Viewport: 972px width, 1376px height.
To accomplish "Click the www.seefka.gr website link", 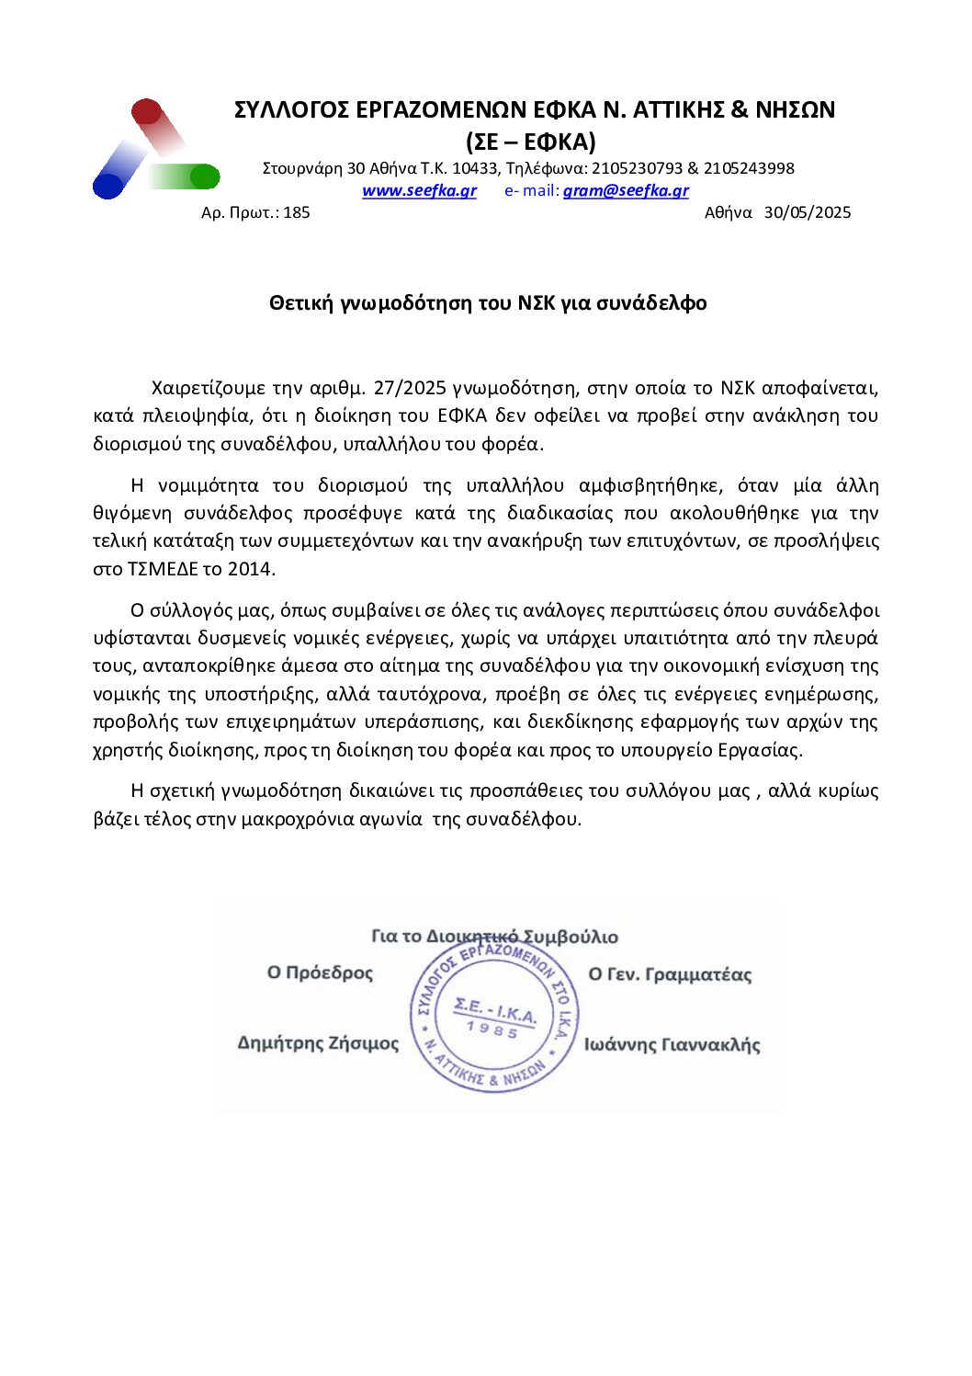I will pyautogui.click(x=419, y=191).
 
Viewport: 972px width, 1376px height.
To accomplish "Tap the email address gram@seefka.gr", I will pyautogui.click(x=626, y=191).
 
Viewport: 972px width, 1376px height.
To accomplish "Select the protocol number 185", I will pyautogui.click(x=297, y=213).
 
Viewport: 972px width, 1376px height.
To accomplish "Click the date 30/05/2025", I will pyautogui.click(x=808, y=213).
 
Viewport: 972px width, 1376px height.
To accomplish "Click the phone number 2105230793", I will pyautogui.click(x=637, y=169).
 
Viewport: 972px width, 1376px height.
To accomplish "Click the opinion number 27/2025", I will pyautogui.click(x=411, y=388).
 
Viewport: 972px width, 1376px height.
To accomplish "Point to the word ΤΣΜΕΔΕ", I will pyautogui.click(x=155, y=569).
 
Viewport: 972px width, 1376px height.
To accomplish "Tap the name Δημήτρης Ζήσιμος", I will pyautogui.click(x=318, y=1043).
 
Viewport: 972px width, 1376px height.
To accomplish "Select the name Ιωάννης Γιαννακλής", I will pyautogui.click(x=672, y=1045).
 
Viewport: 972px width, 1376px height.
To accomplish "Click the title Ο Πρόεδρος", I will pyautogui.click(x=320, y=972).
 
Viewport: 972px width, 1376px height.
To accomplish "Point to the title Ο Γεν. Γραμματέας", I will pyautogui.click(x=670, y=974).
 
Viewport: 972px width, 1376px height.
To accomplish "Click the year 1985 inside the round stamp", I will pyautogui.click(x=492, y=1030).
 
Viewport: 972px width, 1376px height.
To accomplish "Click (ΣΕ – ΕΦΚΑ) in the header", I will pyautogui.click(x=531, y=142).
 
